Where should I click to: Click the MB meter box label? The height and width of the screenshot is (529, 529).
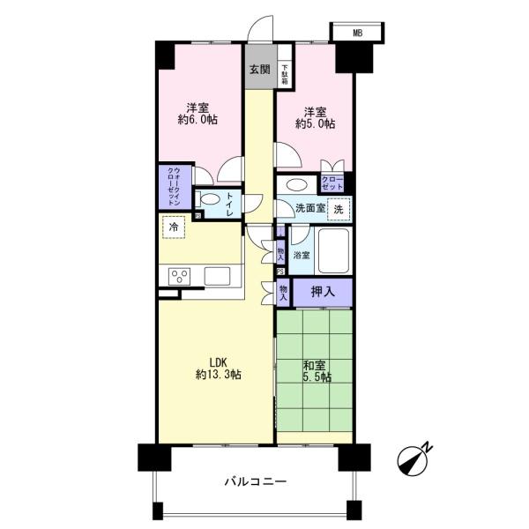coord(357,33)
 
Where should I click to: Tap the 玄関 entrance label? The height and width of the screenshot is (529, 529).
coord(258,71)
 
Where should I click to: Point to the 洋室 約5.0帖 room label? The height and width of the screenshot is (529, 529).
coord(316,117)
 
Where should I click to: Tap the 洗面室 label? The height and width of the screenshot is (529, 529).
coord(309,210)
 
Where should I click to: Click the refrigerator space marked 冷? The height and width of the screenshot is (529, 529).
coord(173,227)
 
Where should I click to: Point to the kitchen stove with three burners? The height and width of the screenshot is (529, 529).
coord(180,276)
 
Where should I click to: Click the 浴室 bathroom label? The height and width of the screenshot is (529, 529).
coord(302,255)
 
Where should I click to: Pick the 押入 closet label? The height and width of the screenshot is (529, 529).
coord(321,290)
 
